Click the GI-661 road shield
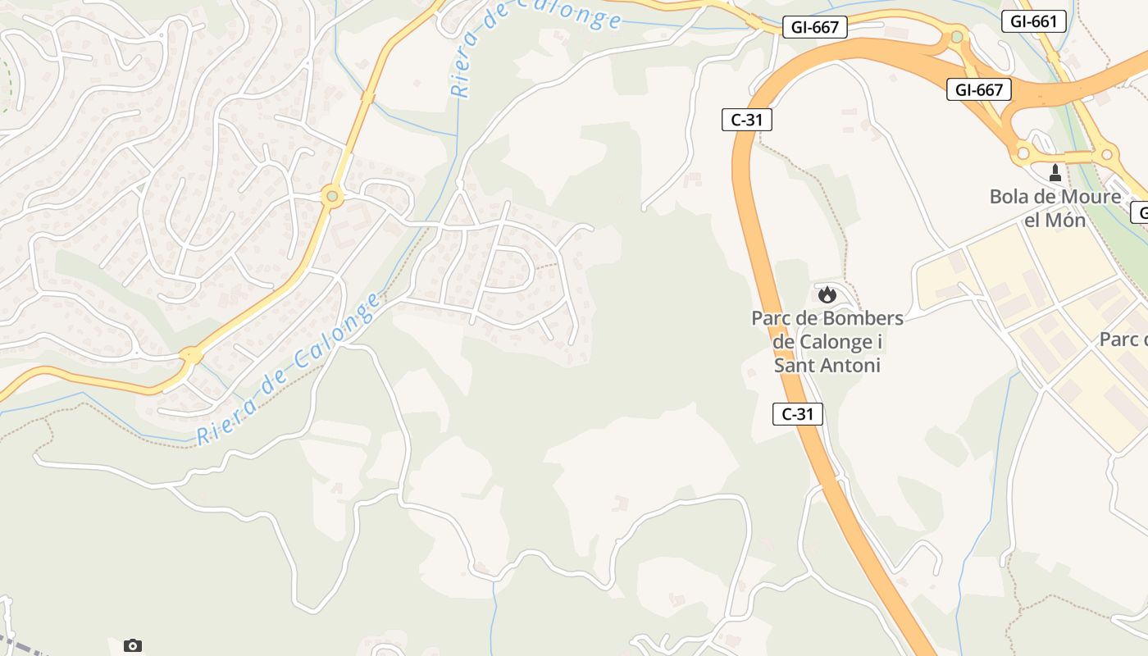(x=1033, y=21)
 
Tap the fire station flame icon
(x=827, y=294)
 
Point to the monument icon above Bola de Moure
(x=1055, y=173)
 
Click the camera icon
(x=133, y=645)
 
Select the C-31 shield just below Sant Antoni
(x=797, y=414)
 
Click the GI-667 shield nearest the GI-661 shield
(x=978, y=89)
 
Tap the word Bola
(x=1011, y=197)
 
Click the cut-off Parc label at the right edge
(x=1123, y=339)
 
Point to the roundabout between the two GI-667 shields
(x=956, y=36)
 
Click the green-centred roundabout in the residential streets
(x=331, y=196)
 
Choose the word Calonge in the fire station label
(x=839, y=341)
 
